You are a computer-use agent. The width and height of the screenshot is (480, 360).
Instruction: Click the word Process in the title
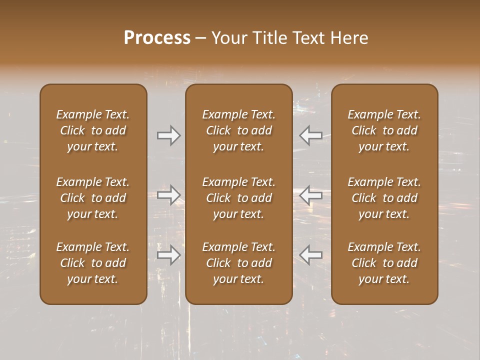157,37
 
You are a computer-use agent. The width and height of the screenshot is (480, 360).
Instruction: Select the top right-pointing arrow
168,135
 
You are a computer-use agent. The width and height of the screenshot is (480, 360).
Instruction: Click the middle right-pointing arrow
168,194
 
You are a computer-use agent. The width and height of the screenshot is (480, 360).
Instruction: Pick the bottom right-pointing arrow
168,255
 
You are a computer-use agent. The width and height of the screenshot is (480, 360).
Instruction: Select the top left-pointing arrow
310,135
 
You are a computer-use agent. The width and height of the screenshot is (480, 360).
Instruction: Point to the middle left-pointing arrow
310,194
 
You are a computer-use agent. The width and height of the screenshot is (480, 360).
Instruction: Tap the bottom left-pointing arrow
310,255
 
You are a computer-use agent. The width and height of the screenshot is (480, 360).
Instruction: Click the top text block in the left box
93,130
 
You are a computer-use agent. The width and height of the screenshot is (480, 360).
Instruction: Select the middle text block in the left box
93,198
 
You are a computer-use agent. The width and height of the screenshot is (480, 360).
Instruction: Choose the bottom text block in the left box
93,263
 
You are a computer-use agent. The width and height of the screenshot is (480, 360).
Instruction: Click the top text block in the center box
239,130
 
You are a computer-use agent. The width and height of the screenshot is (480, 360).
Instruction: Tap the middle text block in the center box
239,198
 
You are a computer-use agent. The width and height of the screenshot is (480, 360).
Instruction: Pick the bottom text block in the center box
239,263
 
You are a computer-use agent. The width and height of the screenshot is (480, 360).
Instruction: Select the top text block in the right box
384,130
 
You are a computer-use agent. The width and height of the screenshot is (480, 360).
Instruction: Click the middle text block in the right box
384,198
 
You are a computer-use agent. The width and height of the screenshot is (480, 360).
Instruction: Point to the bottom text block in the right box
384,263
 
